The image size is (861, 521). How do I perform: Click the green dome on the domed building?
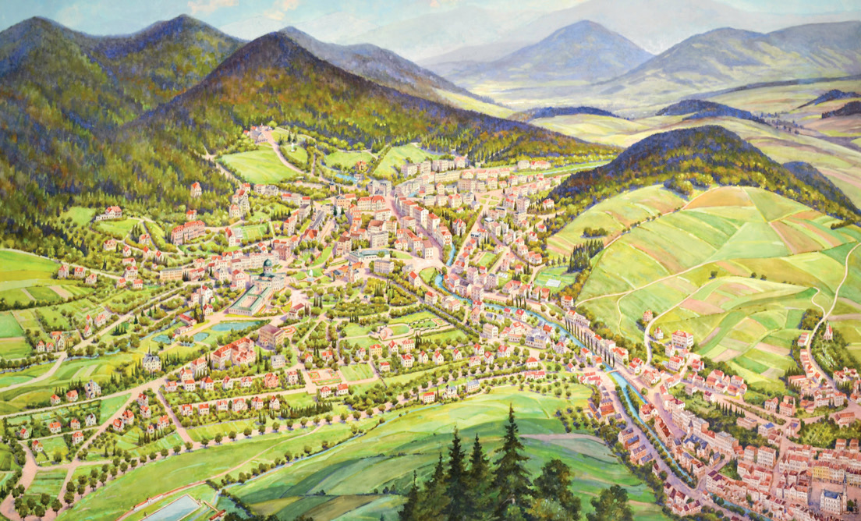(268, 265)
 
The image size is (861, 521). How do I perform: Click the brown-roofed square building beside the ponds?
(269, 335)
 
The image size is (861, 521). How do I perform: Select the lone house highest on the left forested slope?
(195, 188)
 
